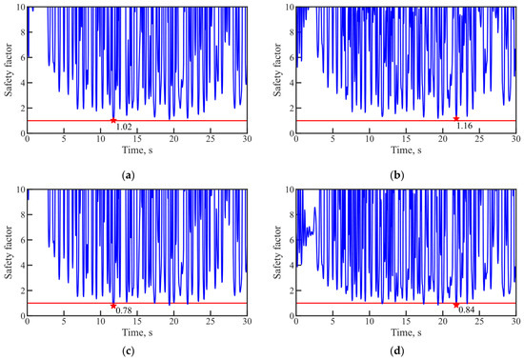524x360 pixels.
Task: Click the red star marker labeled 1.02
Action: (113, 120)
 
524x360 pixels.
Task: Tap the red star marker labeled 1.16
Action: (456, 118)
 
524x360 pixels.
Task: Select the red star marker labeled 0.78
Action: (113, 306)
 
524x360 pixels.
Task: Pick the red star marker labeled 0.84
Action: (456, 305)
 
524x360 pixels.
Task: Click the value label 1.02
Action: (124, 127)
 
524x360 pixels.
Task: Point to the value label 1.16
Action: (465, 126)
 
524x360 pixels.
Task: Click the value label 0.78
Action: (124, 310)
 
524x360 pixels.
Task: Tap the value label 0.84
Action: (467, 310)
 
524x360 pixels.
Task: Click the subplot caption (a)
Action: (129, 175)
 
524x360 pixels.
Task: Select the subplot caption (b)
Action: (397, 175)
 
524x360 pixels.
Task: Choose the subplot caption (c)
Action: (129, 351)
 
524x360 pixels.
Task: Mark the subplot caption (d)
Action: (397, 351)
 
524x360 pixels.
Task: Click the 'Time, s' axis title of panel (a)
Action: (137, 150)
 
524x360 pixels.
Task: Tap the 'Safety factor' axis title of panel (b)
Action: (277, 70)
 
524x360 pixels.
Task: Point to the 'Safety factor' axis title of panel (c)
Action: (9, 252)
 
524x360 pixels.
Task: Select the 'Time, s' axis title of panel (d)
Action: (406, 332)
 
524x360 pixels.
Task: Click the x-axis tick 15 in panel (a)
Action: (137, 139)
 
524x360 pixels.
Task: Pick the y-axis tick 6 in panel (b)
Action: (292, 57)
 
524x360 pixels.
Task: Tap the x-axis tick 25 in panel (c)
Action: (211, 321)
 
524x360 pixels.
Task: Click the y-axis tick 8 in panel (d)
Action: (292, 214)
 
